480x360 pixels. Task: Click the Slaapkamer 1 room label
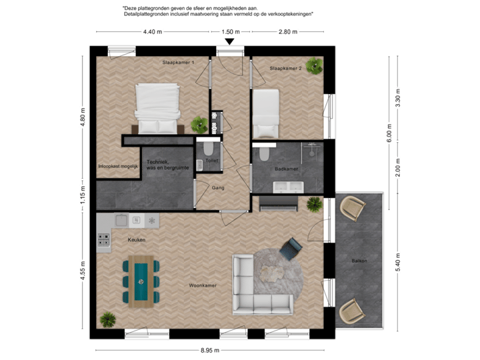click(178, 62)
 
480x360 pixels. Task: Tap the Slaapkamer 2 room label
click(286, 69)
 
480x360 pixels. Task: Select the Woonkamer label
click(203, 286)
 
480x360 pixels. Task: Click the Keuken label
click(137, 239)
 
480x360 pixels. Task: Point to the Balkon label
click(360, 261)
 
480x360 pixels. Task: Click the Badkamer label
click(285, 169)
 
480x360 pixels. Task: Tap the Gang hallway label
click(218, 188)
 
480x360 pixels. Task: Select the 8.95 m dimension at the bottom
click(210, 349)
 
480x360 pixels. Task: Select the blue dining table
click(141, 281)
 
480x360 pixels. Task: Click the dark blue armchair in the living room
click(291, 249)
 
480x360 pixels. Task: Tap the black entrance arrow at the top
click(229, 43)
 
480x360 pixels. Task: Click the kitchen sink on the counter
click(121, 219)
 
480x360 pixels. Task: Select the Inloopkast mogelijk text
click(117, 166)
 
